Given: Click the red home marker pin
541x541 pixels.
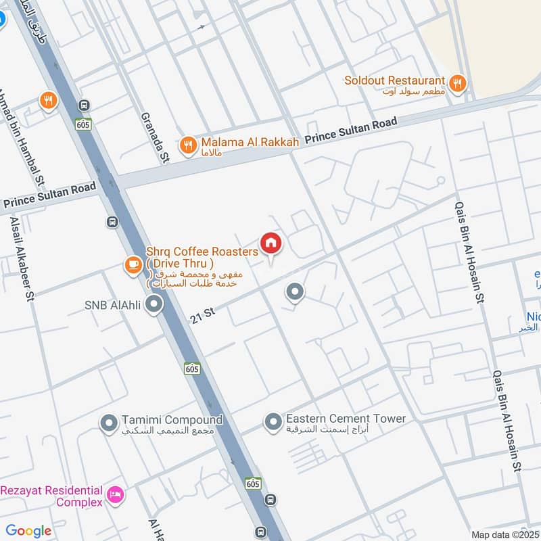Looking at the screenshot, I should (x=271, y=243).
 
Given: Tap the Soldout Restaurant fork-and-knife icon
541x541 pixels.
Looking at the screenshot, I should (x=458, y=83).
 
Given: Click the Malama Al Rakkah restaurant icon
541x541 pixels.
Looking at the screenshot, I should (x=188, y=145).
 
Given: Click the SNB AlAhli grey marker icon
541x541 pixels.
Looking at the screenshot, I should (x=155, y=305).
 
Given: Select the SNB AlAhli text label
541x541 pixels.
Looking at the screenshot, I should (x=112, y=305).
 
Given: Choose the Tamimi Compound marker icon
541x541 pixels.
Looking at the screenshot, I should (x=109, y=424).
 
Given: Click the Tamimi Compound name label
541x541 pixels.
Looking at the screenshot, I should (x=172, y=420).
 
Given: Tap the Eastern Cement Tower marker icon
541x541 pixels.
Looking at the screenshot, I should (x=273, y=423).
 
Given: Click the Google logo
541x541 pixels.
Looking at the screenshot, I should (x=28, y=531).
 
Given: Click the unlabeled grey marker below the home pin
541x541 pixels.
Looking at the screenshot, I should (x=294, y=293).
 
